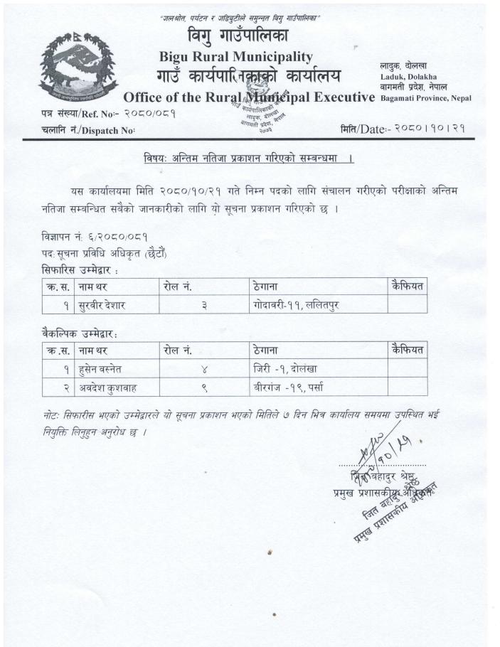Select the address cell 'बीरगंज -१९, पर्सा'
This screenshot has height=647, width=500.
pos(289,387)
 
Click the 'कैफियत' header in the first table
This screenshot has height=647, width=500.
pos(408,286)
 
